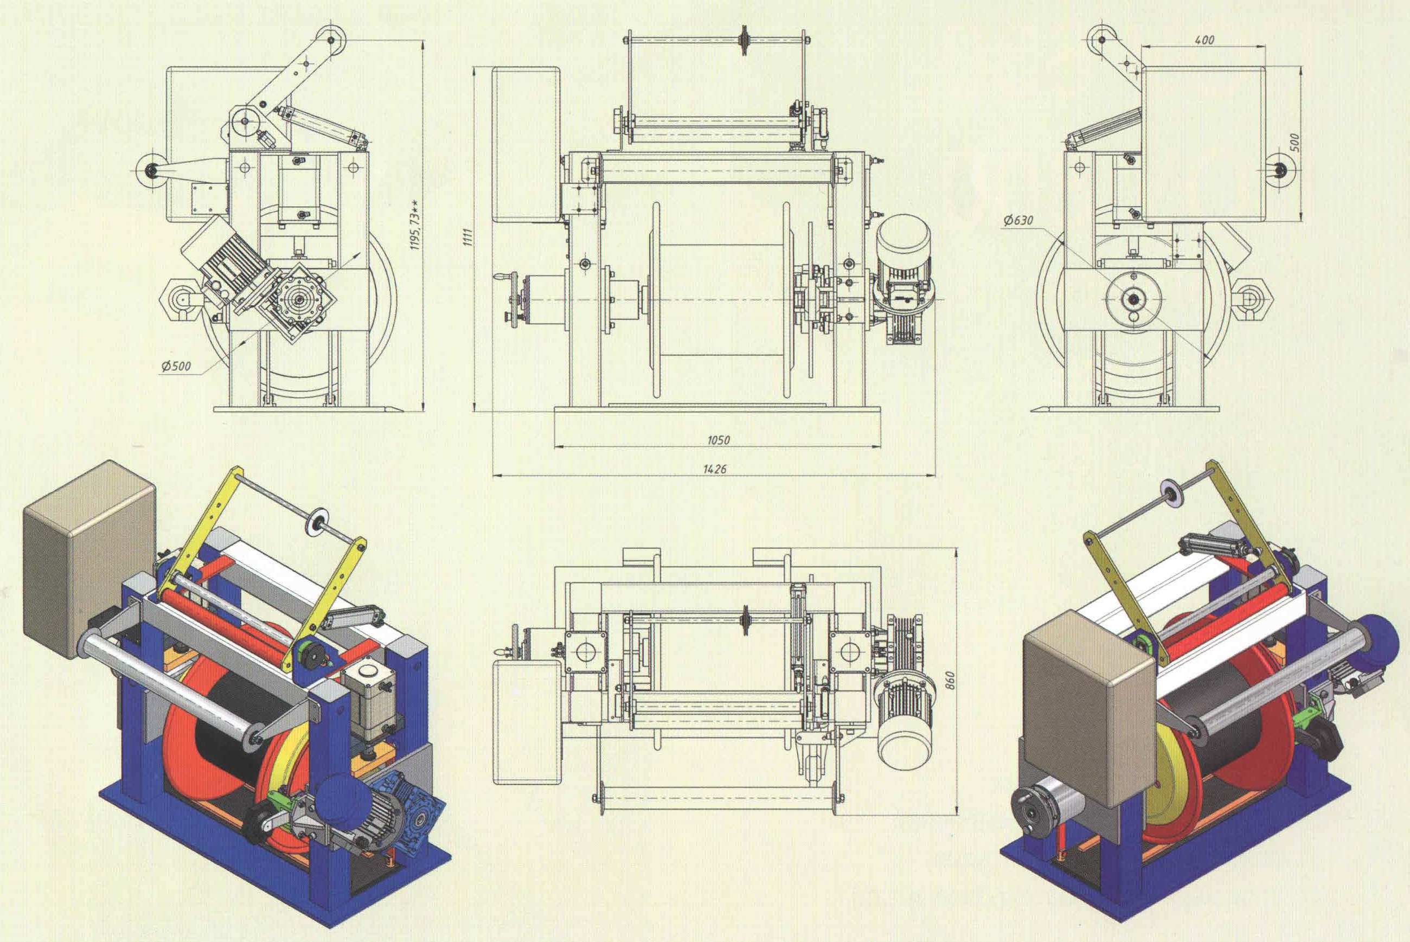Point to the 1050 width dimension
718,440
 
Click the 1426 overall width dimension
714,469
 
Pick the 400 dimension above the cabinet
1204,40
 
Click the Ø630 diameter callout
1017,221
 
